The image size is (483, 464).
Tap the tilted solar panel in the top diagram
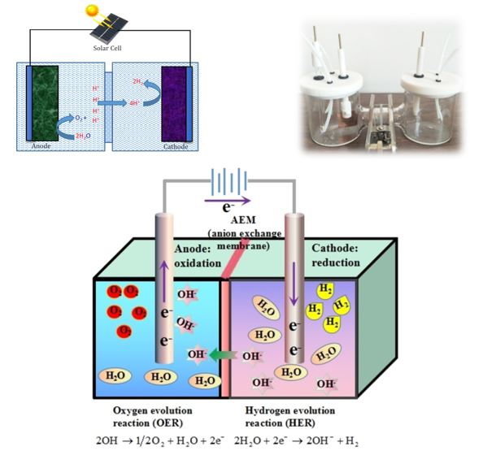[x=109, y=30]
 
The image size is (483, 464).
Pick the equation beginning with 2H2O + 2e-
[x=296, y=441]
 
